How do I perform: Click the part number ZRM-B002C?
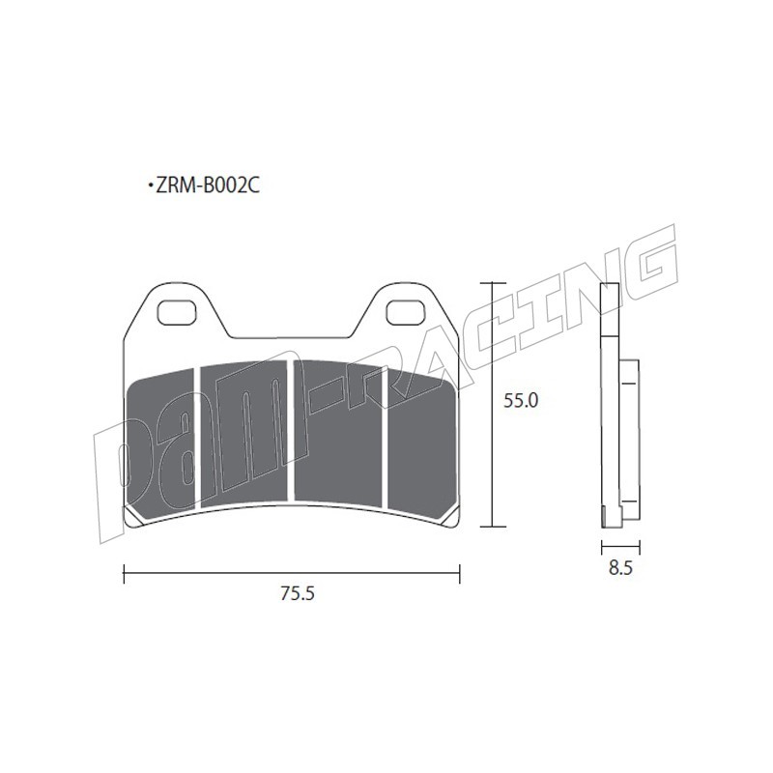[207, 186]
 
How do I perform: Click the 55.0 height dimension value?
[521, 401]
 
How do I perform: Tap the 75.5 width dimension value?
[298, 593]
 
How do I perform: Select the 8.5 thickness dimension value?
[620, 568]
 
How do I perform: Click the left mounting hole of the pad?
[176, 313]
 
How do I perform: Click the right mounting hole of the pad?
[406, 313]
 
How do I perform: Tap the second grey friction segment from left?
[244, 434]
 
